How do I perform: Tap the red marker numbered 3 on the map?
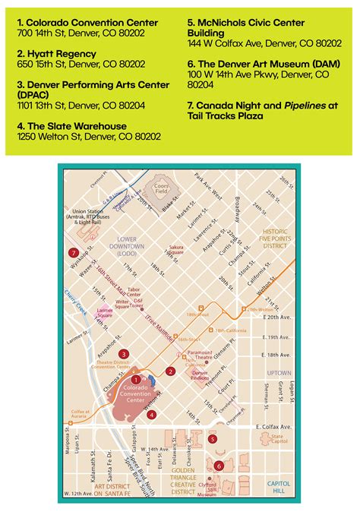click(123, 353)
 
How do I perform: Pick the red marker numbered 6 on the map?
click(219, 466)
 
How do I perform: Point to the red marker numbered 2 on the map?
click(172, 371)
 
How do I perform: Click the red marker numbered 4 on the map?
click(152, 414)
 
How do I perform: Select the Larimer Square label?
click(106, 311)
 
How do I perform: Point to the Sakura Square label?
click(176, 250)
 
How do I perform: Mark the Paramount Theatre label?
click(200, 355)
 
